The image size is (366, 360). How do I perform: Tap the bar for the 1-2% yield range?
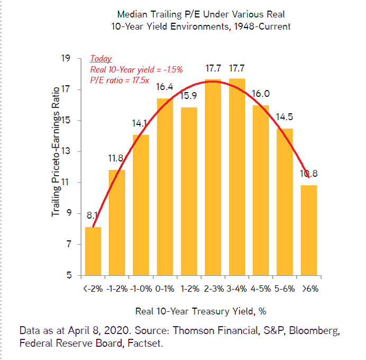(x=189, y=191)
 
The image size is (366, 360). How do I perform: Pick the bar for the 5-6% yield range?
(x=285, y=202)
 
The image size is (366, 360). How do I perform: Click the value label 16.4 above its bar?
(x=164, y=86)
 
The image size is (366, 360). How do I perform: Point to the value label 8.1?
(x=92, y=215)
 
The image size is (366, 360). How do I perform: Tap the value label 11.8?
(x=115, y=158)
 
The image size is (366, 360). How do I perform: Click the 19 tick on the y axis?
(x=67, y=58)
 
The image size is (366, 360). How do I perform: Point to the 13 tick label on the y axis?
(x=67, y=151)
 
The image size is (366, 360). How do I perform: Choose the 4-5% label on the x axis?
(x=260, y=290)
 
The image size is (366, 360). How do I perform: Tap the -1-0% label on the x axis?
(x=141, y=290)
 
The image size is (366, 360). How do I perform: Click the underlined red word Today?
(x=100, y=59)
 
